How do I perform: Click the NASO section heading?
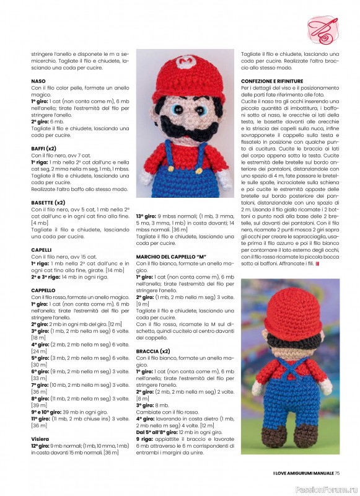point(38,81)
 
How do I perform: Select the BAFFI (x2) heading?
point(44,149)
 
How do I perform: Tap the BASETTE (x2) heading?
point(48,202)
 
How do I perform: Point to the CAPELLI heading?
point(42,249)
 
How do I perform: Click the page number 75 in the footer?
point(338,474)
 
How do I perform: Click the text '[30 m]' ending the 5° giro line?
point(39,365)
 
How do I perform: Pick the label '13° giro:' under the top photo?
point(146,216)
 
